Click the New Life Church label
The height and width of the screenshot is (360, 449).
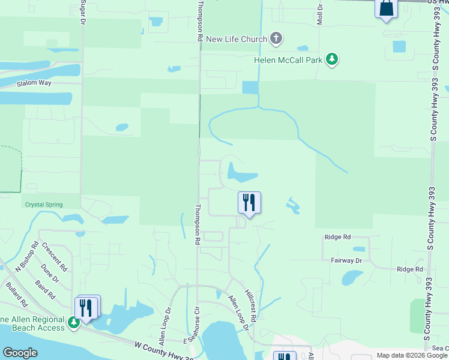point(236,40)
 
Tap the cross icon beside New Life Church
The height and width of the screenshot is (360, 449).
point(276,39)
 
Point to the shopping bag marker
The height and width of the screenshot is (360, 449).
point(386,9)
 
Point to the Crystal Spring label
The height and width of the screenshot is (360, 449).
point(43,205)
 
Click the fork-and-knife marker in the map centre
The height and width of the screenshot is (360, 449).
point(249,203)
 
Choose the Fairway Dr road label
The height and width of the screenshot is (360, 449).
point(346,260)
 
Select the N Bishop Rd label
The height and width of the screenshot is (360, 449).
point(27,257)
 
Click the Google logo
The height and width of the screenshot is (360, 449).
point(20,353)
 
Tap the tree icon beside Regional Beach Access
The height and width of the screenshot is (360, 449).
point(73,323)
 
